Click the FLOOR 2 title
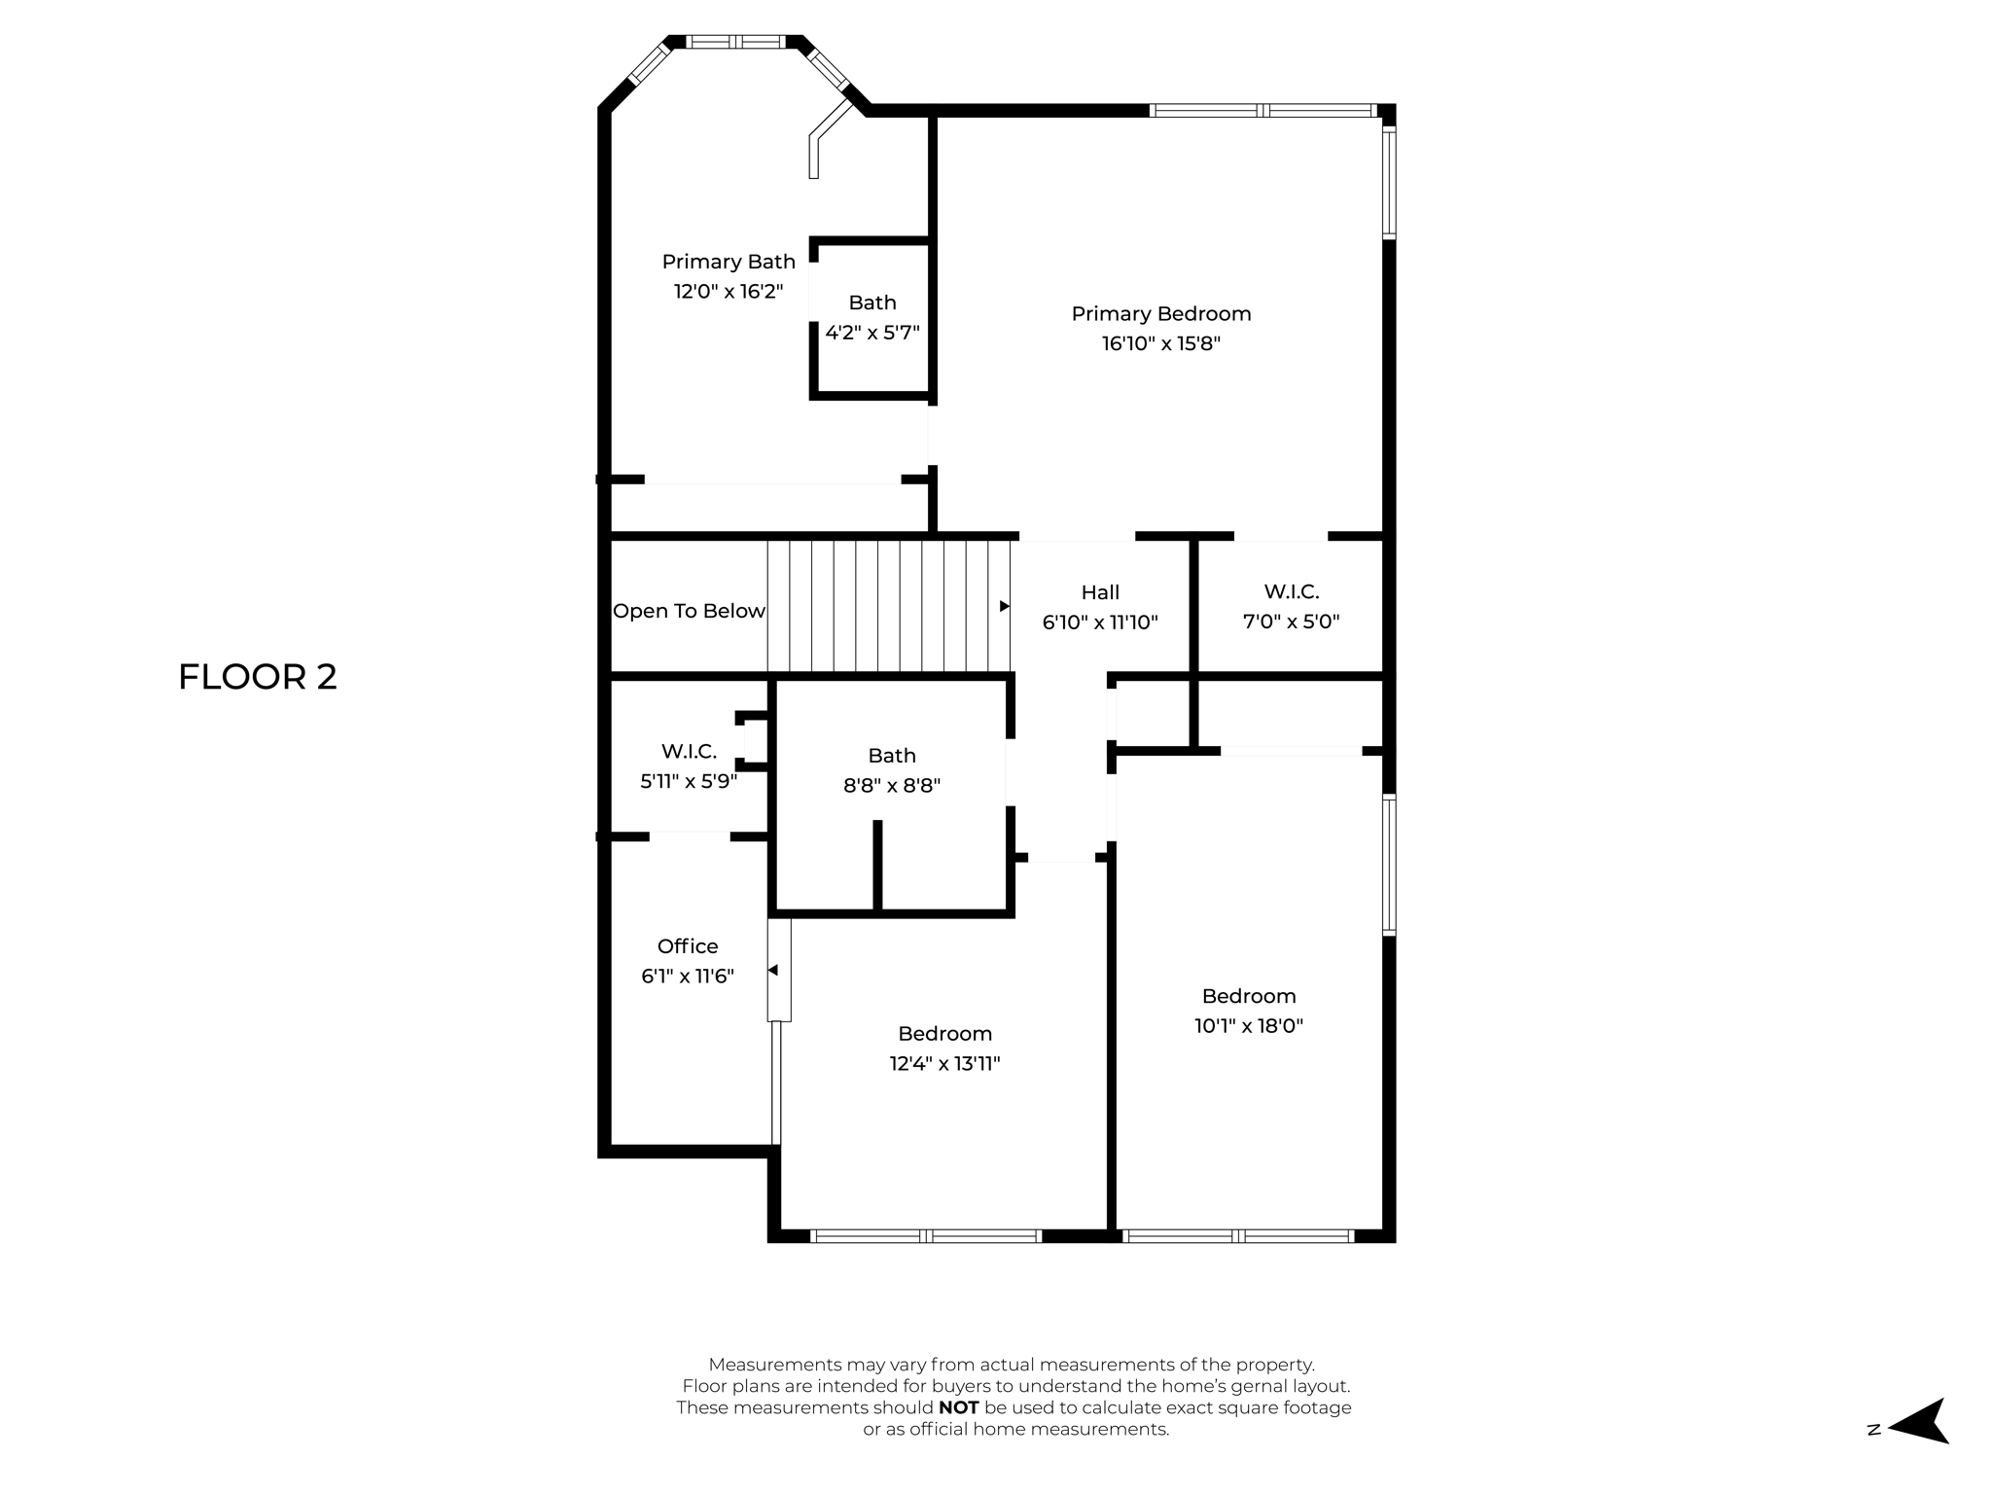[x=258, y=677]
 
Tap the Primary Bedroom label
[x=1160, y=313]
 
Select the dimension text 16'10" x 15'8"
[x=1160, y=343]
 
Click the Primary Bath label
[x=729, y=262]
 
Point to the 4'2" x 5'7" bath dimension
[x=872, y=333]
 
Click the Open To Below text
[x=689, y=611]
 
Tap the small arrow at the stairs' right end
[x=1005, y=606]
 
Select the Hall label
[x=1100, y=592]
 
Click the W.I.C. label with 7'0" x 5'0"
[x=1291, y=591]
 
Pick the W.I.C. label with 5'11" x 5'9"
[x=689, y=751]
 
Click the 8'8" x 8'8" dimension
[x=892, y=785]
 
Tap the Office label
[x=688, y=946]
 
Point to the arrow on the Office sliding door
[x=773, y=970]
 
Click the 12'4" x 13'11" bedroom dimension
[x=944, y=1063]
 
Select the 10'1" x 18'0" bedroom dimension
[x=1249, y=1025]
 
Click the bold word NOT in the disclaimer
[x=958, y=1407]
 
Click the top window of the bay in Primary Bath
[x=736, y=42]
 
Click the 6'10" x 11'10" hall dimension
[x=1100, y=622]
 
